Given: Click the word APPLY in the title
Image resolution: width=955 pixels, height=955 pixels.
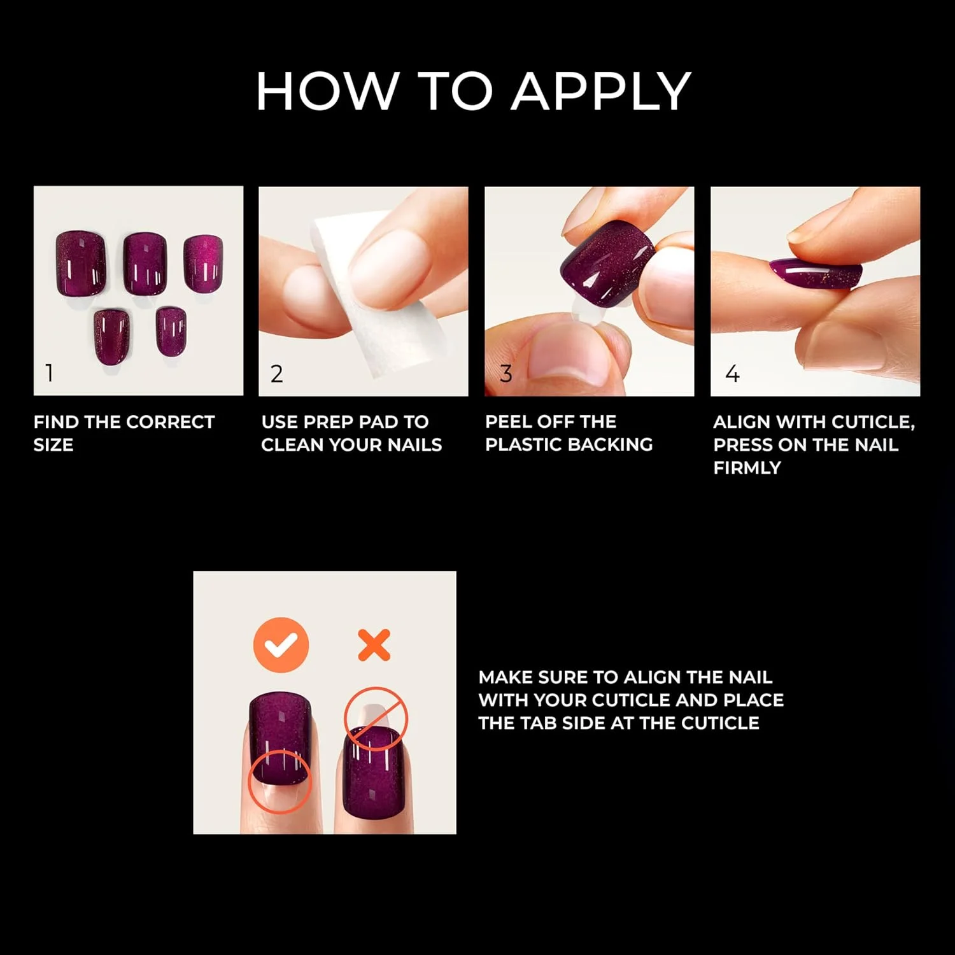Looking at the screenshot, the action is pyautogui.click(x=601, y=91).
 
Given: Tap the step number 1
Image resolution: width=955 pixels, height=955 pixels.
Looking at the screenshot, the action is pyautogui.click(x=49, y=373).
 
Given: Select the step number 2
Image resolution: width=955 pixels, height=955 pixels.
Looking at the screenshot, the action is pyautogui.click(x=276, y=374).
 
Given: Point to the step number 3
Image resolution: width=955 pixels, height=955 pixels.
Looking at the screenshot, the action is pyautogui.click(x=506, y=374).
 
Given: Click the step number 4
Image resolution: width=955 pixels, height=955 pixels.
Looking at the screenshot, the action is pyautogui.click(x=732, y=373).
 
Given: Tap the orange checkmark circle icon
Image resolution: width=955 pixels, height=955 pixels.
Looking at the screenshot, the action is pyautogui.click(x=281, y=645).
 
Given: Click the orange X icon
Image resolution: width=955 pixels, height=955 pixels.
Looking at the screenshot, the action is pyautogui.click(x=374, y=646).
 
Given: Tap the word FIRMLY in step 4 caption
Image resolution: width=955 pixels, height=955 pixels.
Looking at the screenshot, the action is pyautogui.click(x=747, y=468).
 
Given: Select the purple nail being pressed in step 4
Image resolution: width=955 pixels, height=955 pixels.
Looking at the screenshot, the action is pyautogui.click(x=815, y=275).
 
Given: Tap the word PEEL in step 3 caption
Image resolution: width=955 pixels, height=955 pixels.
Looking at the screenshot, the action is pyautogui.click(x=507, y=421).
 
